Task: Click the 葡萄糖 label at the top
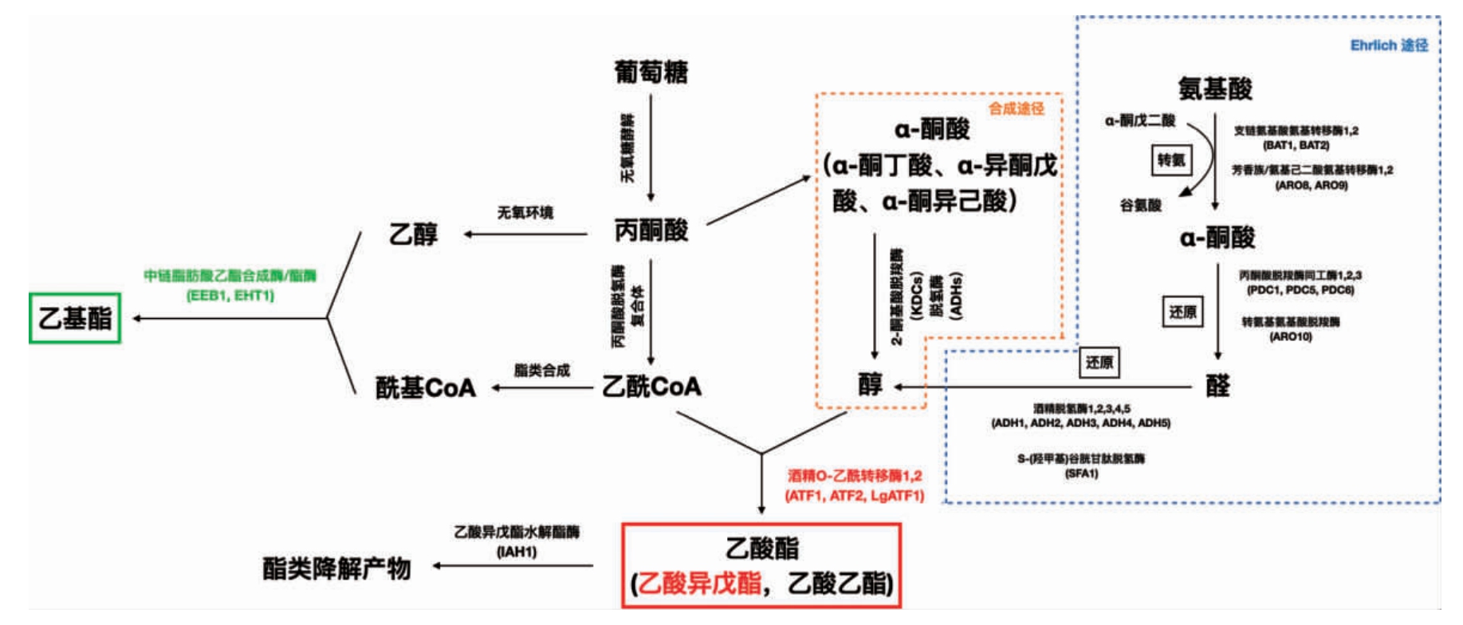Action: point(651,73)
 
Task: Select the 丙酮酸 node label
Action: point(651,230)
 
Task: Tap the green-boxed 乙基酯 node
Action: point(75,318)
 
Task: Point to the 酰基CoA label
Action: point(425,387)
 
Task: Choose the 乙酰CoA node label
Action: point(651,387)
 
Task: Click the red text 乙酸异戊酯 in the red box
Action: point(699,584)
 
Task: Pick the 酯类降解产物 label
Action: point(336,568)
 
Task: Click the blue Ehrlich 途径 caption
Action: point(1389,45)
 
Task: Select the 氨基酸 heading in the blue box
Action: point(1215,88)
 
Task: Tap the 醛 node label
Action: point(1217,386)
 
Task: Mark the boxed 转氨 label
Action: point(1170,160)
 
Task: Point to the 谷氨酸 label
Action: point(1140,206)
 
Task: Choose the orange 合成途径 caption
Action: point(1016,108)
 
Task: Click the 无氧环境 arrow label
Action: point(525,213)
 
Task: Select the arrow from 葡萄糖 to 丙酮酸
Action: point(651,147)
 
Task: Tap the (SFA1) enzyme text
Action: point(1081,474)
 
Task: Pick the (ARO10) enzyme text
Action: point(1290,337)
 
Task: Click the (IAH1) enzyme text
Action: point(517,552)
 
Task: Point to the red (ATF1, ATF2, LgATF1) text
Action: point(854,496)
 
